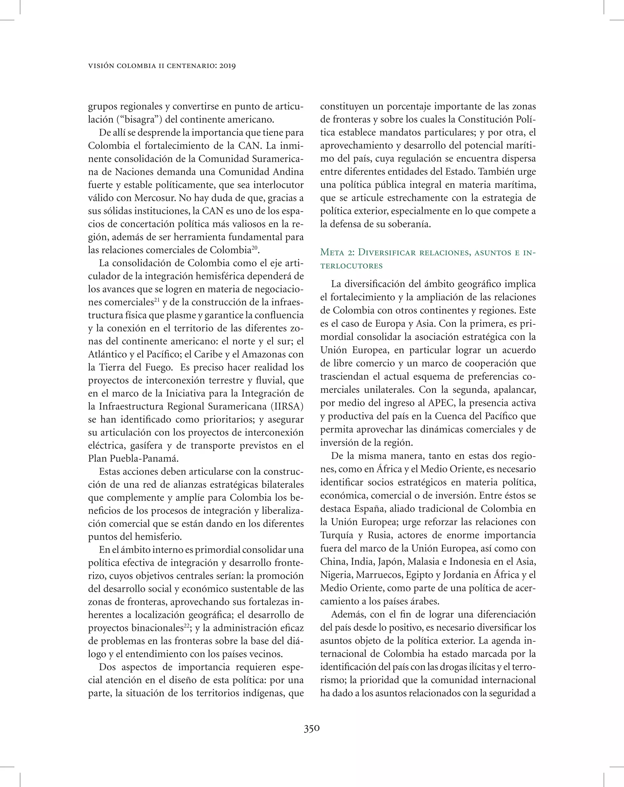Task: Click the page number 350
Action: click(x=312, y=728)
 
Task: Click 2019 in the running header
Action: click(x=227, y=66)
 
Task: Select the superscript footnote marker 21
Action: click(x=157, y=300)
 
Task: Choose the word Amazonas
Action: click(x=264, y=354)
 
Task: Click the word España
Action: click(x=382, y=509)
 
